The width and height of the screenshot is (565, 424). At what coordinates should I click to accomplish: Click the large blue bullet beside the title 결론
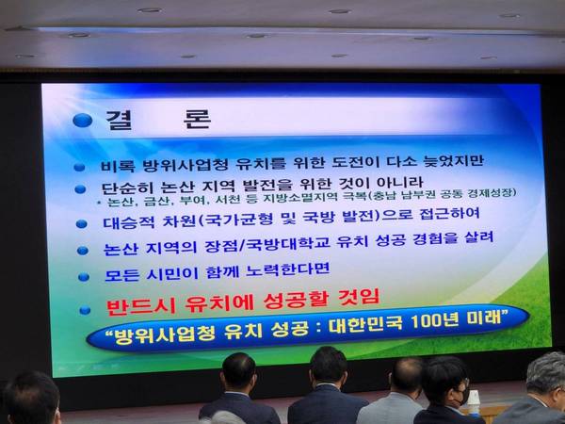(x=83, y=121)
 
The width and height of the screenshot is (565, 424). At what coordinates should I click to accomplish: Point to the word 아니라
(x=399, y=183)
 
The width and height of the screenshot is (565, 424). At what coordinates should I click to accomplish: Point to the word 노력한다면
(x=287, y=270)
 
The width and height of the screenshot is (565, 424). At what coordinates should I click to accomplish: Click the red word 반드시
(x=141, y=307)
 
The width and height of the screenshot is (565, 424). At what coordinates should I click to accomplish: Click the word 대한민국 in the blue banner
(x=365, y=325)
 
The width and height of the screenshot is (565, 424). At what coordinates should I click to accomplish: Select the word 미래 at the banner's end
(x=482, y=318)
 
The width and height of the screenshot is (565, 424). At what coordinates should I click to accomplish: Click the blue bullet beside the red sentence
(x=85, y=310)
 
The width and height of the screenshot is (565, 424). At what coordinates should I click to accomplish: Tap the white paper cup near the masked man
(x=473, y=400)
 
